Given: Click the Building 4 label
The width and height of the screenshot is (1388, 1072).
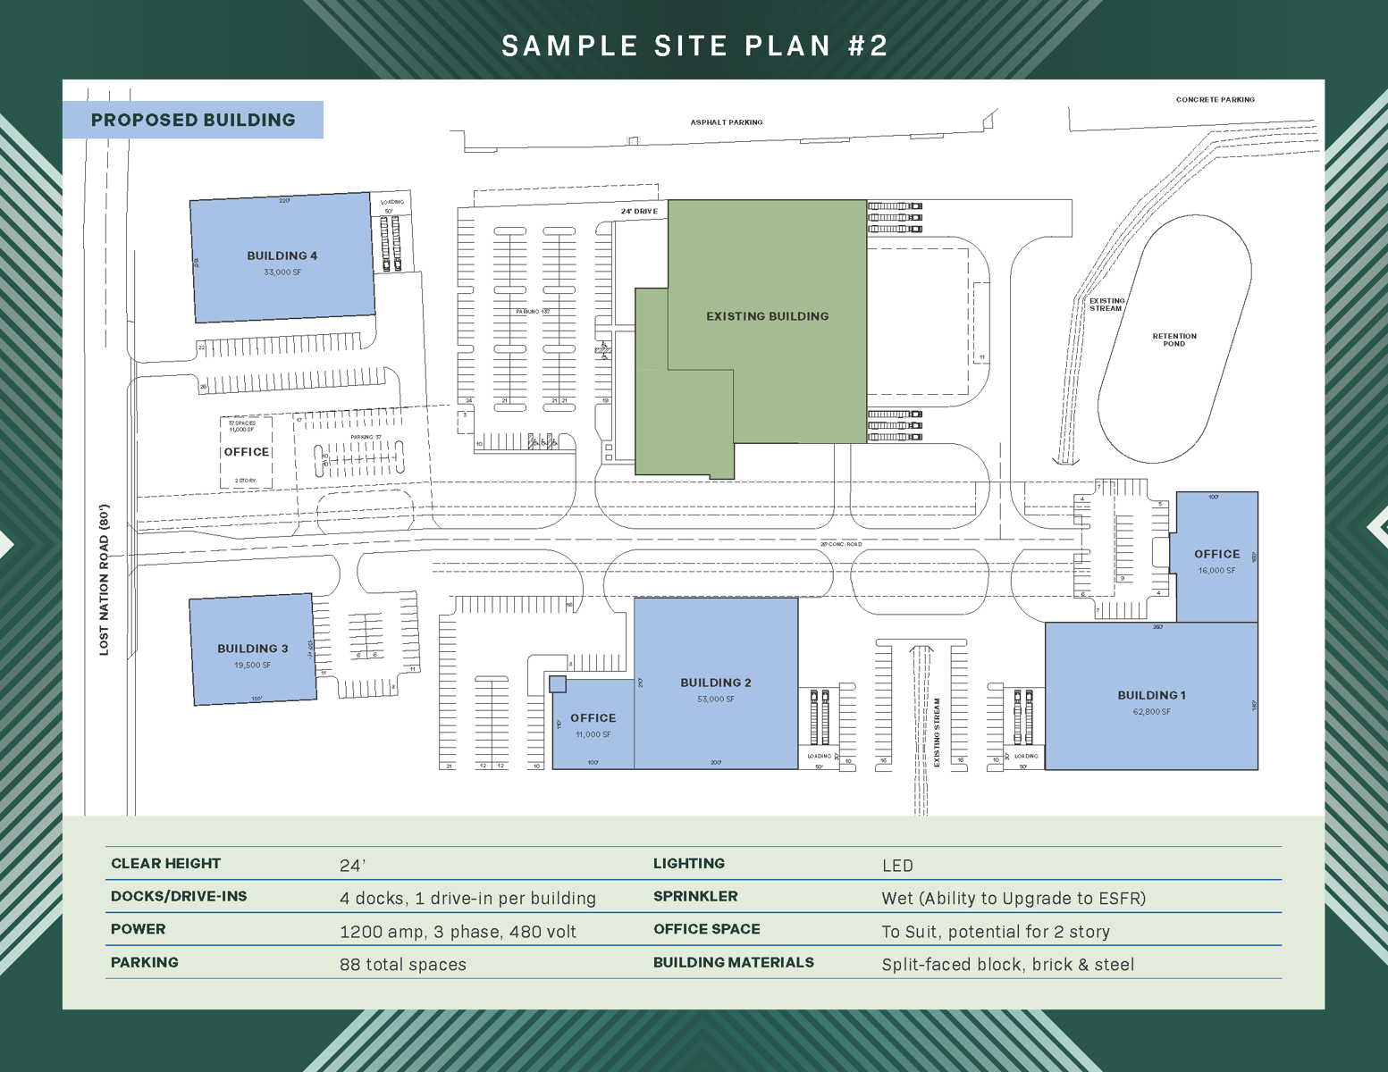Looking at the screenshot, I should tap(282, 255).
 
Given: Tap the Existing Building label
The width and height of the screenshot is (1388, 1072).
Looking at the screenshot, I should tap(767, 316).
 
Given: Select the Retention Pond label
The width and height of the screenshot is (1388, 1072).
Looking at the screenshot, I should tap(1173, 339).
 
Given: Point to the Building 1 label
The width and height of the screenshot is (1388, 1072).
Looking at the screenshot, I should tap(1151, 695).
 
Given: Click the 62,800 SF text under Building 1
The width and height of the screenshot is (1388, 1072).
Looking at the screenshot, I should tap(1151, 712).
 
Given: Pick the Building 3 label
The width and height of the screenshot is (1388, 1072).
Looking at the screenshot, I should tap(252, 649).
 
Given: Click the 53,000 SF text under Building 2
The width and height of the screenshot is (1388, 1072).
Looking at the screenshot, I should tap(716, 699).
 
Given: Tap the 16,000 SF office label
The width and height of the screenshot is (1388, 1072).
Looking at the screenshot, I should tap(1216, 570).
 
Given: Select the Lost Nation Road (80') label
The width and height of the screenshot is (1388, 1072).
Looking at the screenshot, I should tap(105, 580).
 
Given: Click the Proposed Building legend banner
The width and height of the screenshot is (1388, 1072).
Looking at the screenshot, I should tap(193, 120).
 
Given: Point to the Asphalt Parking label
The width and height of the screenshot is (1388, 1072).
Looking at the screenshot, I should tap(726, 122).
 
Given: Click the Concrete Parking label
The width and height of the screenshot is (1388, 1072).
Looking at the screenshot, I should tap(1215, 100).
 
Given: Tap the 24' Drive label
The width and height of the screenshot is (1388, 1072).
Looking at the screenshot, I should tap(639, 212).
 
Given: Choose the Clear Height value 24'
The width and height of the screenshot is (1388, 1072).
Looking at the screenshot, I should tap(353, 866).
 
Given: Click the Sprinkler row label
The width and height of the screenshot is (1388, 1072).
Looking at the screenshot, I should tap(695, 896).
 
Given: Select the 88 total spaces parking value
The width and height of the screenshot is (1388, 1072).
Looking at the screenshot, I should tap(403, 965).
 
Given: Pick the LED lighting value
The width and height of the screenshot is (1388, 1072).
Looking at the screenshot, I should tap(897, 866).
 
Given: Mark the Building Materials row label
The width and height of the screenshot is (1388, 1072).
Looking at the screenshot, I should tap(733, 962).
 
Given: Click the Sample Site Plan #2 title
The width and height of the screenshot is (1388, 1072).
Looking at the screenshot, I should tap(694, 46).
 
